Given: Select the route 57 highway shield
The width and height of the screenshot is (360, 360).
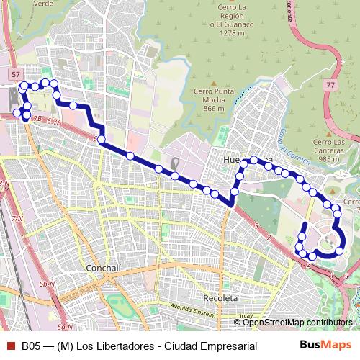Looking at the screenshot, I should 16,74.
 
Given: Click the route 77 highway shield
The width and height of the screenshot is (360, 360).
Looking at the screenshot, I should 330,85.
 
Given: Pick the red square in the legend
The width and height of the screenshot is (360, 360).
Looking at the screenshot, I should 9,346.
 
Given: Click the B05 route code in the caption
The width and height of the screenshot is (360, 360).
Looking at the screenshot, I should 31,346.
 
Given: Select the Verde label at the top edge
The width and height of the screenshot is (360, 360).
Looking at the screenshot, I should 42,3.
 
